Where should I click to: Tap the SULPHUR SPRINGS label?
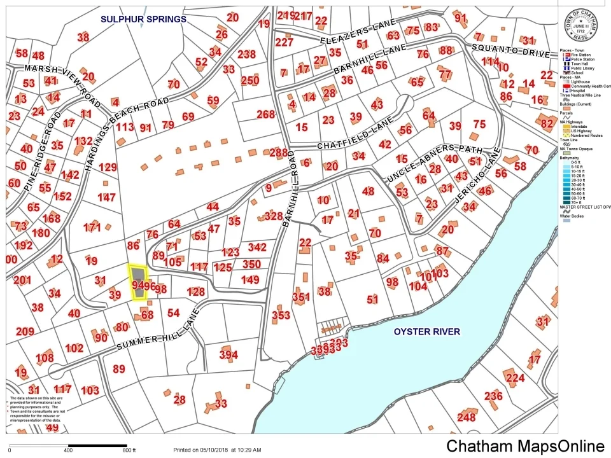pyautogui.click(x=143, y=19)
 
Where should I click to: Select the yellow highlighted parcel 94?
pyautogui.click(x=137, y=282)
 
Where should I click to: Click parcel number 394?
pyautogui.click(x=228, y=354)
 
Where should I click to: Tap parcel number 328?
pyautogui.click(x=273, y=216)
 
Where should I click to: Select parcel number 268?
pyautogui.click(x=265, y=114)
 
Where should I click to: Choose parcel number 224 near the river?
pyautogui.click(x=515, y=378)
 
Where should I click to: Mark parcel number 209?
pyautogui.click(x=25, y=331)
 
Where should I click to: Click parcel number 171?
pyautogui.click(x=92, y=227)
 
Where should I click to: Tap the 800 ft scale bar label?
pyautogui.click(x=129, y=450)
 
